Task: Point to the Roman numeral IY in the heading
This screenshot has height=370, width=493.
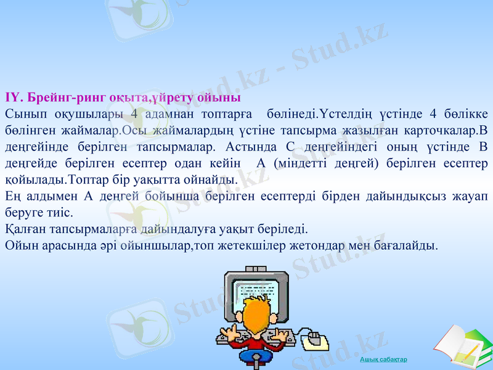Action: [12, 98]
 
